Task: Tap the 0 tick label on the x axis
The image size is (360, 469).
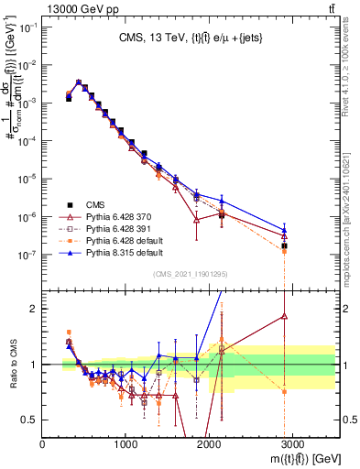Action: [x=43, y=444]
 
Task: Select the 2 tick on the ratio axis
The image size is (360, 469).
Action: [x=36, y=309]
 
